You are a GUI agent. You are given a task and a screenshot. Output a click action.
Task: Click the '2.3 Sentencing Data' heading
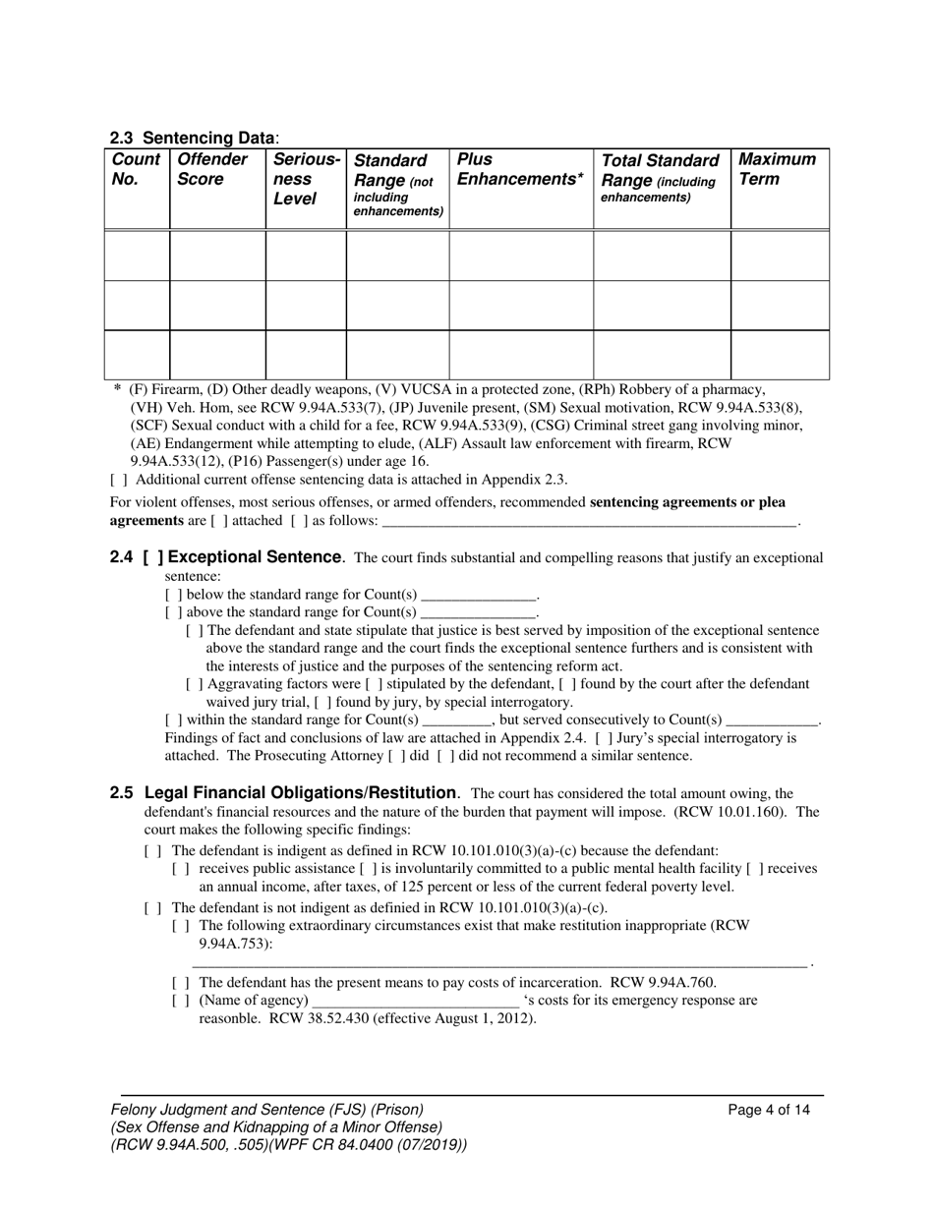(195, 139)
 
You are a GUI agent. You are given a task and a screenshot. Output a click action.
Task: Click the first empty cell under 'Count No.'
(137, 256)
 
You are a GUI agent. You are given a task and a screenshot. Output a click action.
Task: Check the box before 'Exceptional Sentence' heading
(152, 557)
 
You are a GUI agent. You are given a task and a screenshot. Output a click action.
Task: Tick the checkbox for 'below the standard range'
(173, 595)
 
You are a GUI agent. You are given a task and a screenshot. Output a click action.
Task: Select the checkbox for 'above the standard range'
(173, 612)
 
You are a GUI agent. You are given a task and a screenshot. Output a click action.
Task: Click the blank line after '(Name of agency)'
(414, 1002)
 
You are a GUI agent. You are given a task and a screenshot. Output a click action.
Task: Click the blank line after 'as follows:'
(589, 521)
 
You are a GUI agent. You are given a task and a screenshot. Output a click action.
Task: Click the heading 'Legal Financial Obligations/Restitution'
(301, 792)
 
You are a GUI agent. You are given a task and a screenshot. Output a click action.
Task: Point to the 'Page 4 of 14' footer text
(769, 1111)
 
